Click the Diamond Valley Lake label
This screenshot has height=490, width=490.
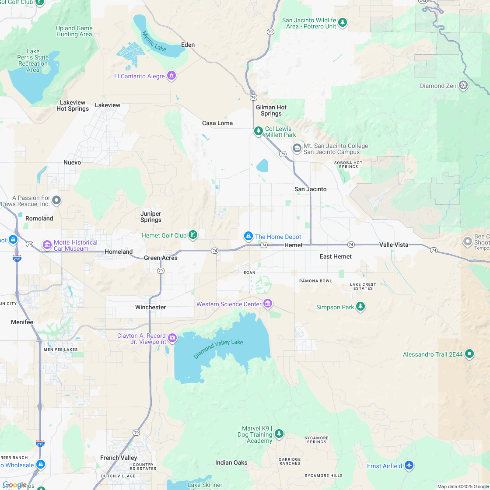(218, 349)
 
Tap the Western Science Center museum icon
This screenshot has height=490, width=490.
(268, 304)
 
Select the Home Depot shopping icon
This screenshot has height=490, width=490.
(248, 236)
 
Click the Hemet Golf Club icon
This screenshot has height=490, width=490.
(192, 235)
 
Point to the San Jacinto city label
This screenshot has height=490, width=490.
(310, 189)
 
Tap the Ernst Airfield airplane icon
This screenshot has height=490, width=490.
(409, 465)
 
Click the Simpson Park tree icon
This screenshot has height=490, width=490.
(360, 307)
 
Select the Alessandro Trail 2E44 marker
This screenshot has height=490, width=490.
(469, 353)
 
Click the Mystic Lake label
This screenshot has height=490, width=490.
(154, 41)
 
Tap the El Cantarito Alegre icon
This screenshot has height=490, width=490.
(171, 76)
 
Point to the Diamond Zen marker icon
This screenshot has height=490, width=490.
(463, 85)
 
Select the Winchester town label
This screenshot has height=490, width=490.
(150, 307)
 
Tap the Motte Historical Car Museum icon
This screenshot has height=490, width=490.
(47, 245)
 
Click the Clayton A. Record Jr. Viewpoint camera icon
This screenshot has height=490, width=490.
(172, 338)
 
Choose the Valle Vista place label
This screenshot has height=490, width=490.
(394, 245)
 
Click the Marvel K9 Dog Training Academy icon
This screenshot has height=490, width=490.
(279, 434)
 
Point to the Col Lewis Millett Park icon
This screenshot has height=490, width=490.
(259, 131)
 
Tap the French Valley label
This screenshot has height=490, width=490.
(119, 458)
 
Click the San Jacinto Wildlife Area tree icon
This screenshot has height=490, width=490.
(343, 23)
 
